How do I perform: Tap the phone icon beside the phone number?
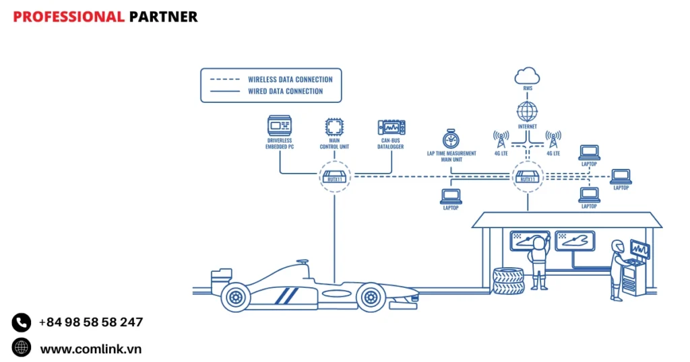tap(22, 322)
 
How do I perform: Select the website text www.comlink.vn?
tap(90, 349)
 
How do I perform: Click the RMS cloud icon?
tap(526, 75)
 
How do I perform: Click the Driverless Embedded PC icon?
tap(280, 125)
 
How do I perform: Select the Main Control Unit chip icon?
tap(334, 126)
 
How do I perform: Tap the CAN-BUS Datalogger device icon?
tap(391, 126)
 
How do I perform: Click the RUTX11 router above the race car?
tap(334, 177)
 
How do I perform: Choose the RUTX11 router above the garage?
tap(526, 177)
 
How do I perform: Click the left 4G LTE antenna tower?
tap(501, 139)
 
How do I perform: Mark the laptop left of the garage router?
tap(451, 196)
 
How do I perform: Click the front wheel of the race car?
tap(371, 296)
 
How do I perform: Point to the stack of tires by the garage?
tap(508, 281)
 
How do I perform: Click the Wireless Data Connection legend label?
tap(290, 79)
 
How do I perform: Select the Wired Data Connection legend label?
tap(285, 92)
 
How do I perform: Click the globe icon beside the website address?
tap(22, 348)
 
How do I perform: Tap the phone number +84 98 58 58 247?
tap(91, 322)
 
